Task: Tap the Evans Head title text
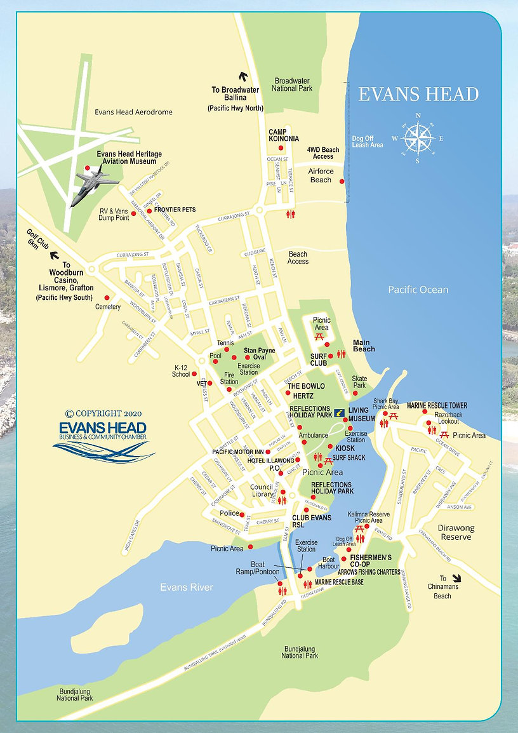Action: coord(418,95)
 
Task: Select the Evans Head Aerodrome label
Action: coord(133,112)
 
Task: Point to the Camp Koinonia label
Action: coord(282,136)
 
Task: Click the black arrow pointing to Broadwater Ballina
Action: coord(241,76)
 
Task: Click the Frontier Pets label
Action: coord(175,209)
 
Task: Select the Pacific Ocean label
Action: coord(418,290)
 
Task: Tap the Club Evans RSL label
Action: coord(312,521)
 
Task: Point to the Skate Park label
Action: coord(359,382)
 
